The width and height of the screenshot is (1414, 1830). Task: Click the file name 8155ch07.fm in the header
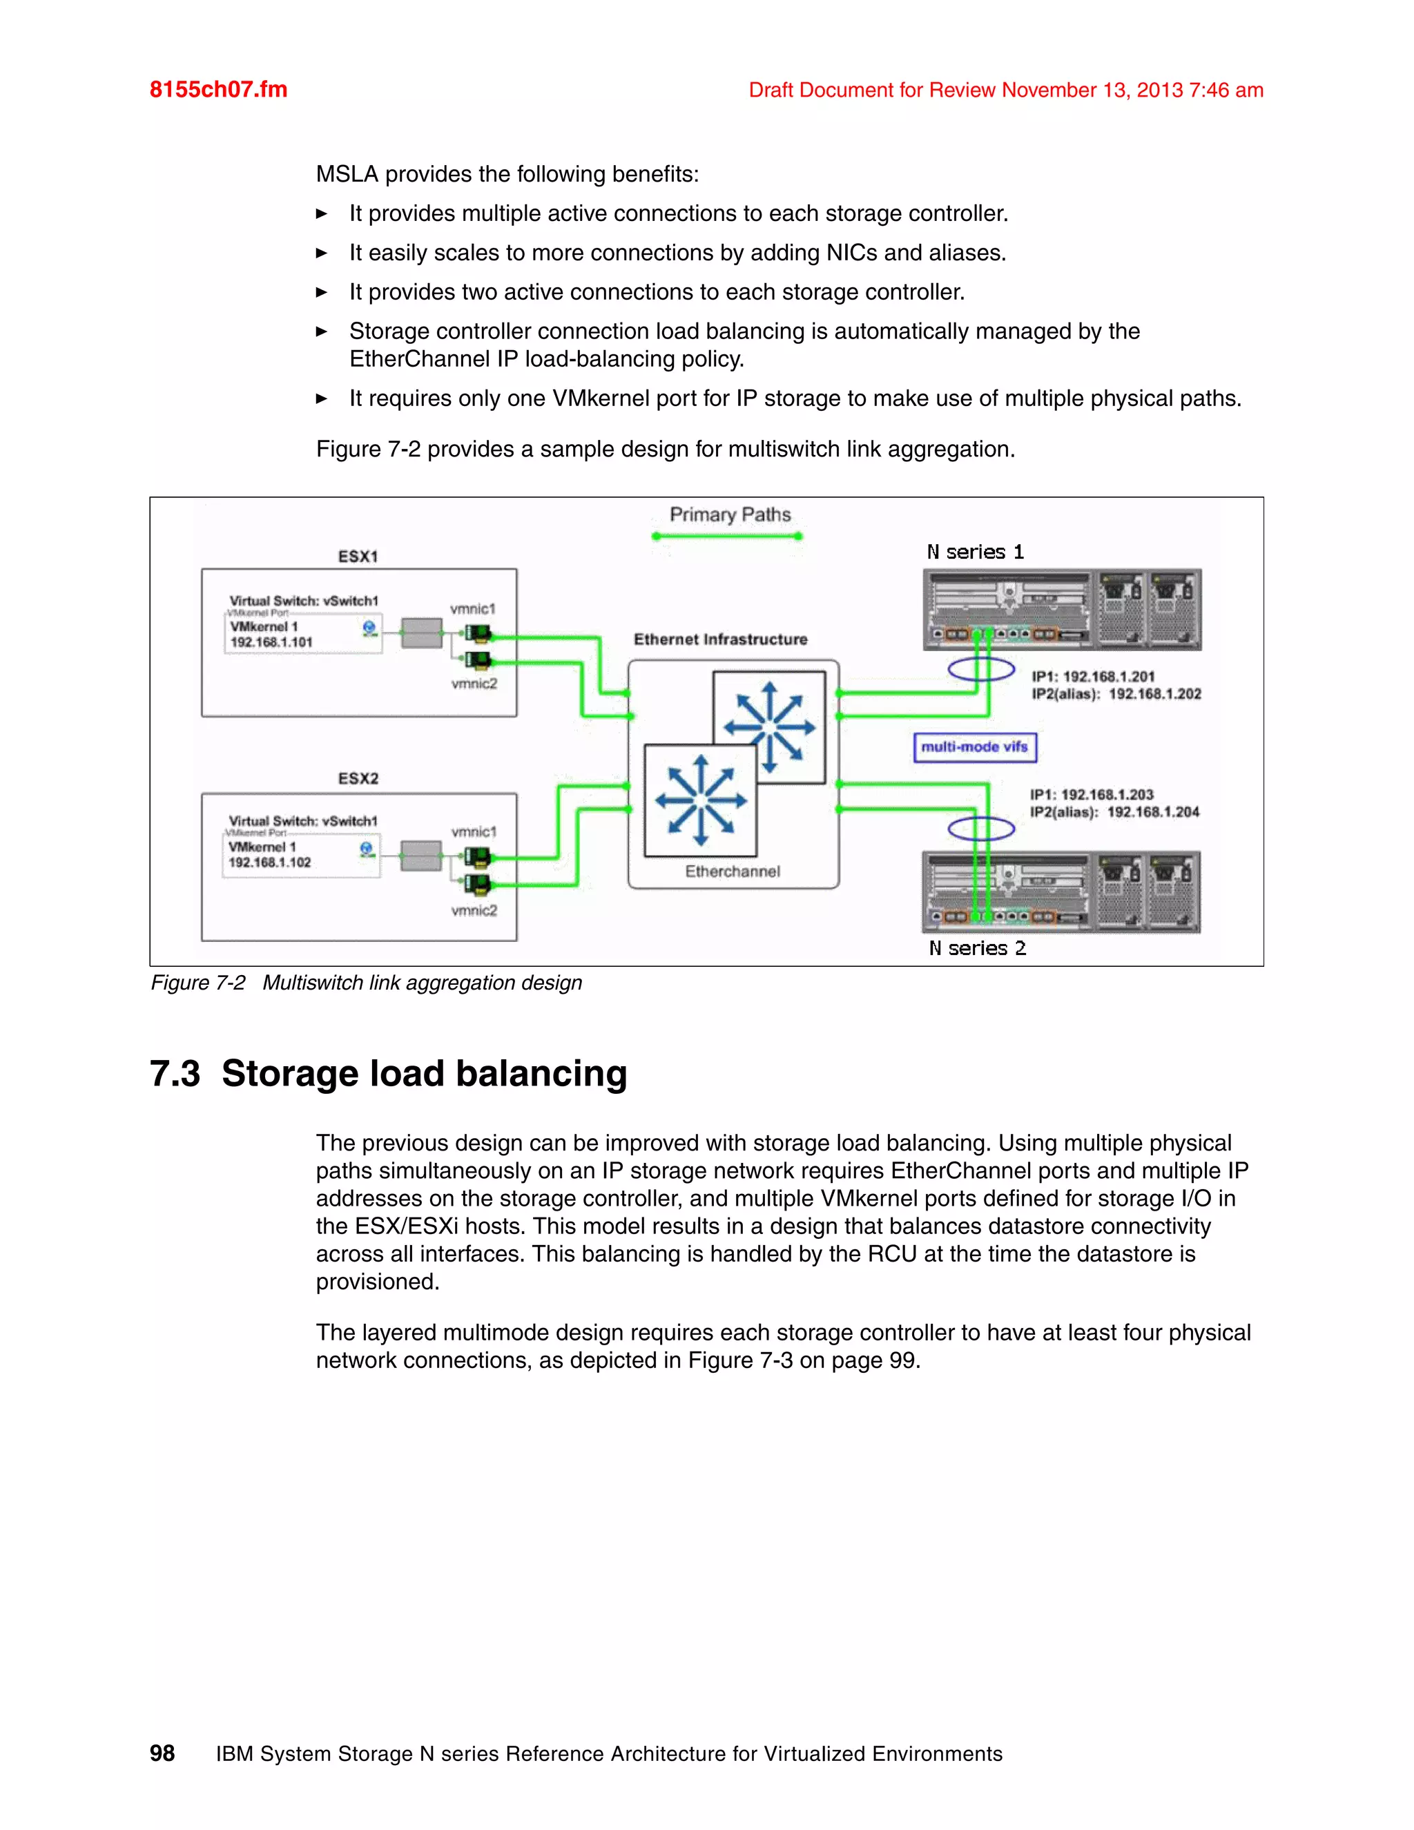217,90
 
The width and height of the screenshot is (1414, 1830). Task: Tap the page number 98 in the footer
162,1753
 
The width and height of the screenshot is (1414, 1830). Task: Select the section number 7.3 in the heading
175,1075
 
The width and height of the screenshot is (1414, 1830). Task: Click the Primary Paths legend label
730,514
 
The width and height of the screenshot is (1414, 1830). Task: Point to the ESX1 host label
358,557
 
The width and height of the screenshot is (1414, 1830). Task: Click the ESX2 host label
358,778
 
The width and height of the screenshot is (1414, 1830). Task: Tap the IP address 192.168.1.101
271,643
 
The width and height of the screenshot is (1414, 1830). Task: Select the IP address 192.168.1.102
270,863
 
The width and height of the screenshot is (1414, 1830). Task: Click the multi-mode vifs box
974,747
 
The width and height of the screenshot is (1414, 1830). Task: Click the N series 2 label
977,949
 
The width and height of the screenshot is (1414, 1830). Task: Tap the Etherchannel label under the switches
732,871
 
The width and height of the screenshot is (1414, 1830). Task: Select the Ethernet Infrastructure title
720,639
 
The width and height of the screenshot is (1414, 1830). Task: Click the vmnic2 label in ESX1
474,684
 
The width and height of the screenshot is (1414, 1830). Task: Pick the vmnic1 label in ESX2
474,832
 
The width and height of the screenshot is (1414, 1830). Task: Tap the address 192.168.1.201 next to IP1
1108,676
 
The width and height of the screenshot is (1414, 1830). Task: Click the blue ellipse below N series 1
981,669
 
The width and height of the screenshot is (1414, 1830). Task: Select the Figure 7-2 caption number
197,983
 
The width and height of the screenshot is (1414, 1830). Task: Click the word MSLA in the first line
347,174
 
